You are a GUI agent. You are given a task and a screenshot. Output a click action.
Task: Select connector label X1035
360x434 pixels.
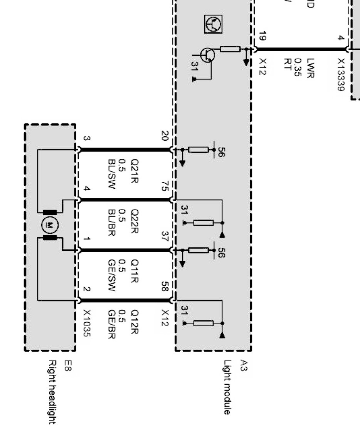click(x=87, y=323)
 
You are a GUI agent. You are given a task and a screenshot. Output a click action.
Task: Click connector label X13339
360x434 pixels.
click(x=341, y=74)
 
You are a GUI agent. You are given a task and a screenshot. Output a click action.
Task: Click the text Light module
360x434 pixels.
click(x=227, y=387)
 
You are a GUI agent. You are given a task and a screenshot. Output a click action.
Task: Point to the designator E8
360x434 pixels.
click(x=68, y=365)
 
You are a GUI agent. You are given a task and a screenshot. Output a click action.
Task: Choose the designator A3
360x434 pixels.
click(x=244, y=365)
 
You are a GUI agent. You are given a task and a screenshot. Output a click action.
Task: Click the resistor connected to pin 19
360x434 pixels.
click(x=230, y=49)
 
